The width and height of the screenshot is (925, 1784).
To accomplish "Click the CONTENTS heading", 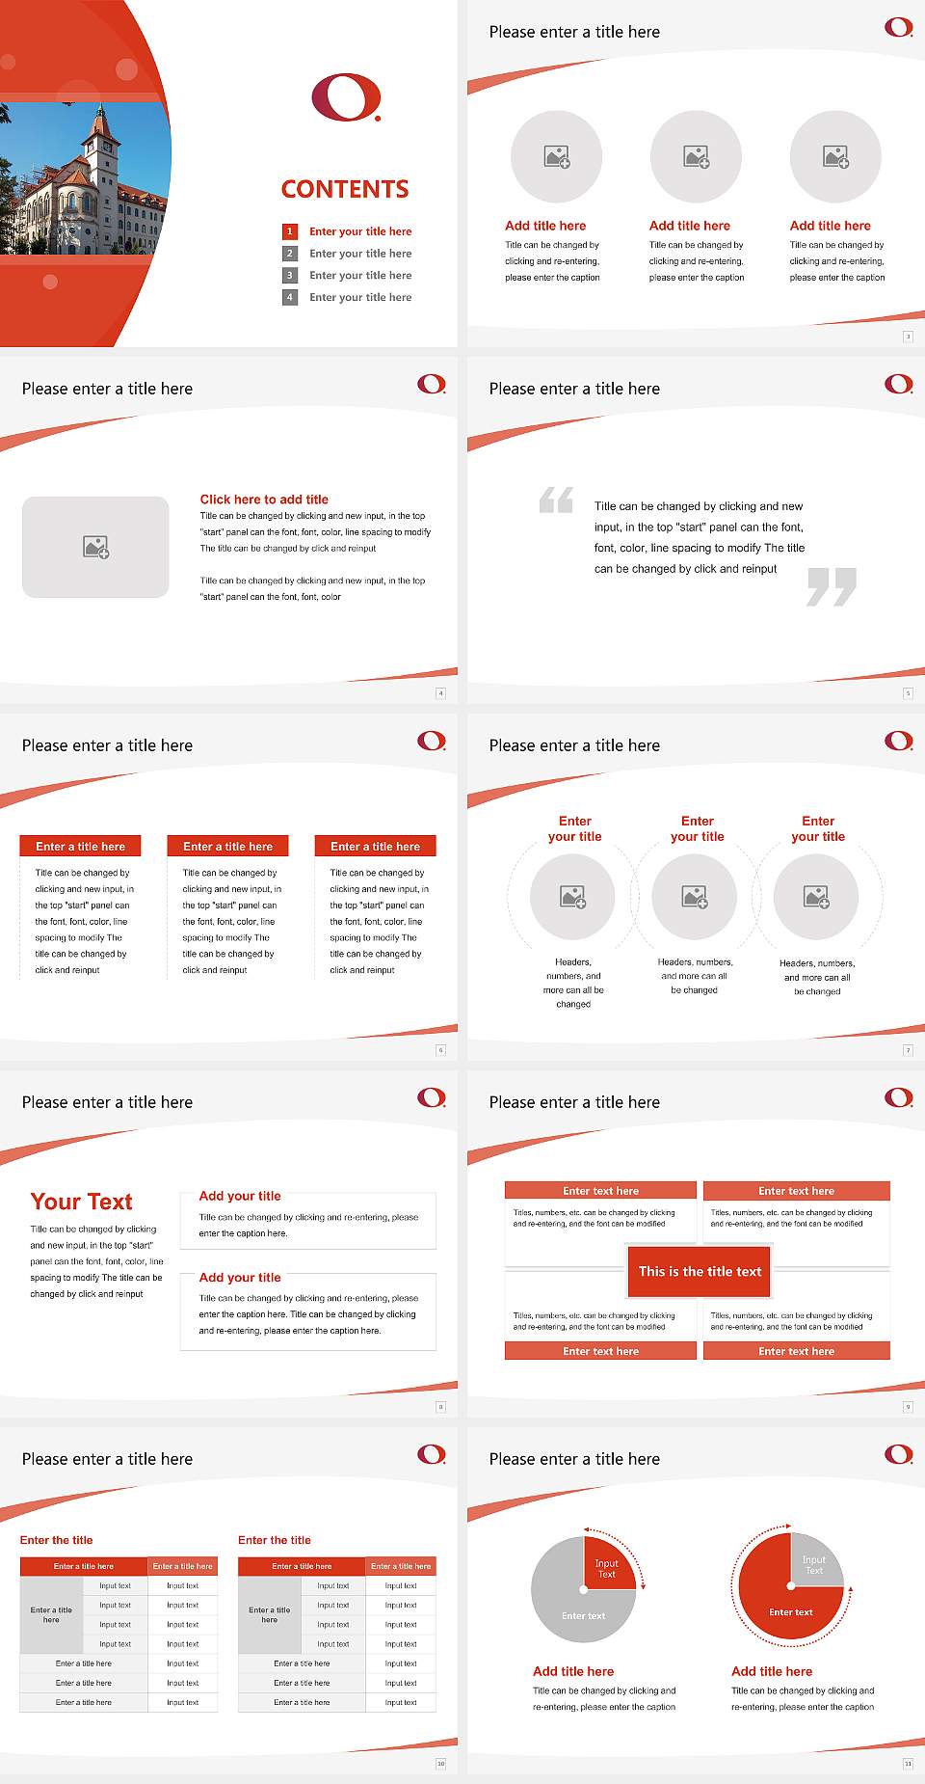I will tap(345, 189).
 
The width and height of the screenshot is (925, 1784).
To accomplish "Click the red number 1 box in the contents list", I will tap(289, 231).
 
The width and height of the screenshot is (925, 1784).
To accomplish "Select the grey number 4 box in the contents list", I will tap(289, 297).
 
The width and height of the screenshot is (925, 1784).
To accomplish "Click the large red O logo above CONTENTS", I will tap(346, 97).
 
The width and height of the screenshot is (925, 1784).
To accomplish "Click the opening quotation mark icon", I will tap(556, 500).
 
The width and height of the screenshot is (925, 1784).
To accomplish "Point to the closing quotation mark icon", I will tap(832, 586).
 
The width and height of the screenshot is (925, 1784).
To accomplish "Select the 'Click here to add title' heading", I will tap(264, 500).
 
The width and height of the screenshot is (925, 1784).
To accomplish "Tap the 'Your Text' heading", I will tap(81, 1202).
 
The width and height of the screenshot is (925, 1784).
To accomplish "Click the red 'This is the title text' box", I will tap(700, 1271).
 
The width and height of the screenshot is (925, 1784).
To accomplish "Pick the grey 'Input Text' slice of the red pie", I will tap(815, 1564).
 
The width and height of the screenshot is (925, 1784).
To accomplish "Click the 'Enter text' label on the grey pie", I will tap(584, 1616).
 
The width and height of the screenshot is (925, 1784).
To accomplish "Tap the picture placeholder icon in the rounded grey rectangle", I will tap(96, 548).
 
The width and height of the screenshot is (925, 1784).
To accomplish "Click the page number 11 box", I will tap(908, 1764).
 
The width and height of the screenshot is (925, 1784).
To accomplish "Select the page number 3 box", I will tap(908, 337).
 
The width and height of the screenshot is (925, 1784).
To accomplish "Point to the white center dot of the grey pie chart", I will tap(584, 1589).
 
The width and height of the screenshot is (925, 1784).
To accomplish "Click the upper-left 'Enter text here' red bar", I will tap(600, 1191).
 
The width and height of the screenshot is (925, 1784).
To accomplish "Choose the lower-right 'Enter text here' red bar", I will tap(796, 1351).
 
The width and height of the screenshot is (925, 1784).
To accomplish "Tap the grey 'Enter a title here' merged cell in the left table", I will tap(51, 1614).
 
